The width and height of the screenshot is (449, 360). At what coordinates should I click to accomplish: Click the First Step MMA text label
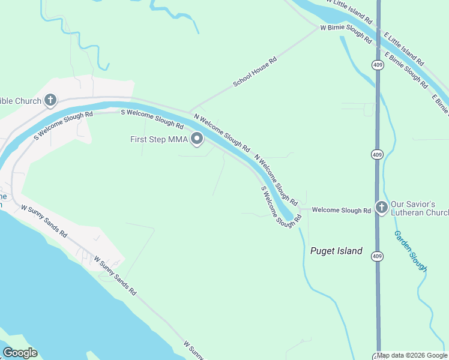pyautogui.click(x=158, y=139)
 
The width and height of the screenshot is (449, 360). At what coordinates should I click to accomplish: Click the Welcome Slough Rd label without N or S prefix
pyautogui.click(x=342, y=211)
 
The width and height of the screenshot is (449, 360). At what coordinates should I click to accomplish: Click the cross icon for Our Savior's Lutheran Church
pyautogui.click(x=381, y=208)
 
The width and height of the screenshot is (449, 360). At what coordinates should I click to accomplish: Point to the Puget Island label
pyautogui.click(x=336, y=251)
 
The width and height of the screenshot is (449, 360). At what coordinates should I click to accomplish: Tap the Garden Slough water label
pyautogui.click(x=411, y=251)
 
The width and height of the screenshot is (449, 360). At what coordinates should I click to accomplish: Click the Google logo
pyautogui.click(x=20, y=353)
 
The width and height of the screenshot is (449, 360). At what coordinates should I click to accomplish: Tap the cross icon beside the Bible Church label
pyautogui.click(x=50, y=100)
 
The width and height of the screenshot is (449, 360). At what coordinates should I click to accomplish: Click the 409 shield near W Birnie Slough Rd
pyautogui.click(x=378, y=64)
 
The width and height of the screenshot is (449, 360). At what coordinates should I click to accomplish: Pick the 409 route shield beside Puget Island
pyautogui.click(x=376, y=256)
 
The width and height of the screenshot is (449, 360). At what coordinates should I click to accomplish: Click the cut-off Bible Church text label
pyautogui.click(x=20, y=101)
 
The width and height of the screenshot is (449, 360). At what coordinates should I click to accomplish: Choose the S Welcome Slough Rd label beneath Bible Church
pyautogui.click(x=64, y=125)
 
